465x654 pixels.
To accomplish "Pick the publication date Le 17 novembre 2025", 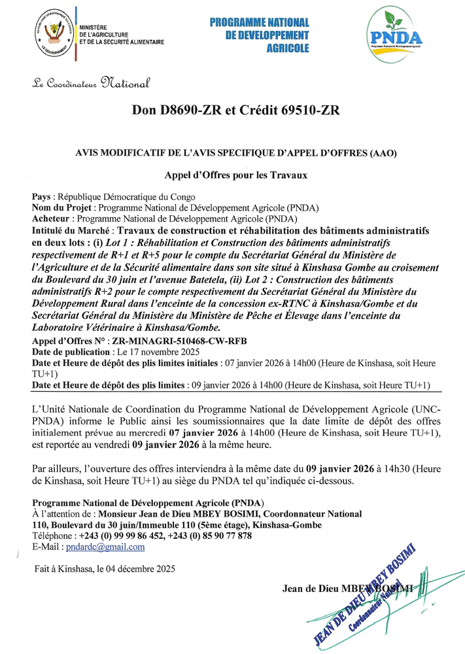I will (139, 351).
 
